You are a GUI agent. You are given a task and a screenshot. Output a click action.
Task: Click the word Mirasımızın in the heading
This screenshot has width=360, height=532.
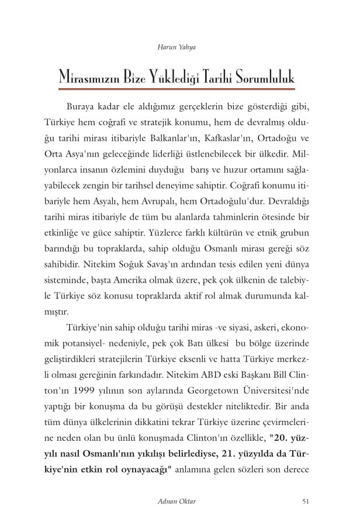click(x=94, y=77)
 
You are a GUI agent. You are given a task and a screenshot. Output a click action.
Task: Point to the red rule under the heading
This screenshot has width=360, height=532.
click(x=179, y=89)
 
